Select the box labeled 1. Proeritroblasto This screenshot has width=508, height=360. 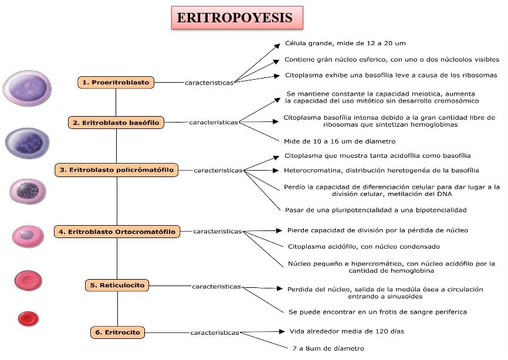pyautogui.click(x=116, y=83)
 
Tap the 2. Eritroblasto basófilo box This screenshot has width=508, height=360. pyautogui.click(x=116, y=123)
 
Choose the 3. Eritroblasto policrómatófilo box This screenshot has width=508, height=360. pyautogui.click(x=116, y=170)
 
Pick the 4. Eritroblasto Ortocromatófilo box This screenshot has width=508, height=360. pyautogui.click(x=116, y=232)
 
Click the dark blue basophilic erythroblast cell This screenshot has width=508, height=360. pyautogui.click(x=28, y=143)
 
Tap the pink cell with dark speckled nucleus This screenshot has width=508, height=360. pyautogui.click(x=27, y=191)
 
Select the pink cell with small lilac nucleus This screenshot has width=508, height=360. pyautogui.click(x=28, y=236)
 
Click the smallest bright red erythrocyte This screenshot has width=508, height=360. pyautogui.click(x=28, y=318)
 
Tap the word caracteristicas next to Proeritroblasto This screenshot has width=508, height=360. pyautogui.click(x=209, y=83)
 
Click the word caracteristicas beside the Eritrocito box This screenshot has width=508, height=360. pyautogui.click(x=214, y=333)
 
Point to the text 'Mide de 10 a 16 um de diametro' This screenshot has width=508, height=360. pyautogui.click(x=339, y=141)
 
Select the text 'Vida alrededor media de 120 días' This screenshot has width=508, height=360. pyautogui.click(x=347, y=331)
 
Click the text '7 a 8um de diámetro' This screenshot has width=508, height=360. pyautogui.click(x=328, y=348)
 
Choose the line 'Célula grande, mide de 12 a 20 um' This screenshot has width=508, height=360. pyautogui.click(x=345, y=43)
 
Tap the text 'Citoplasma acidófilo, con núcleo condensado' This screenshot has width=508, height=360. pyautogui.click(x=364, y=246)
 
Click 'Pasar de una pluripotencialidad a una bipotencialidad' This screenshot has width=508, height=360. pyautogui.click(x=375, y=209)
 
